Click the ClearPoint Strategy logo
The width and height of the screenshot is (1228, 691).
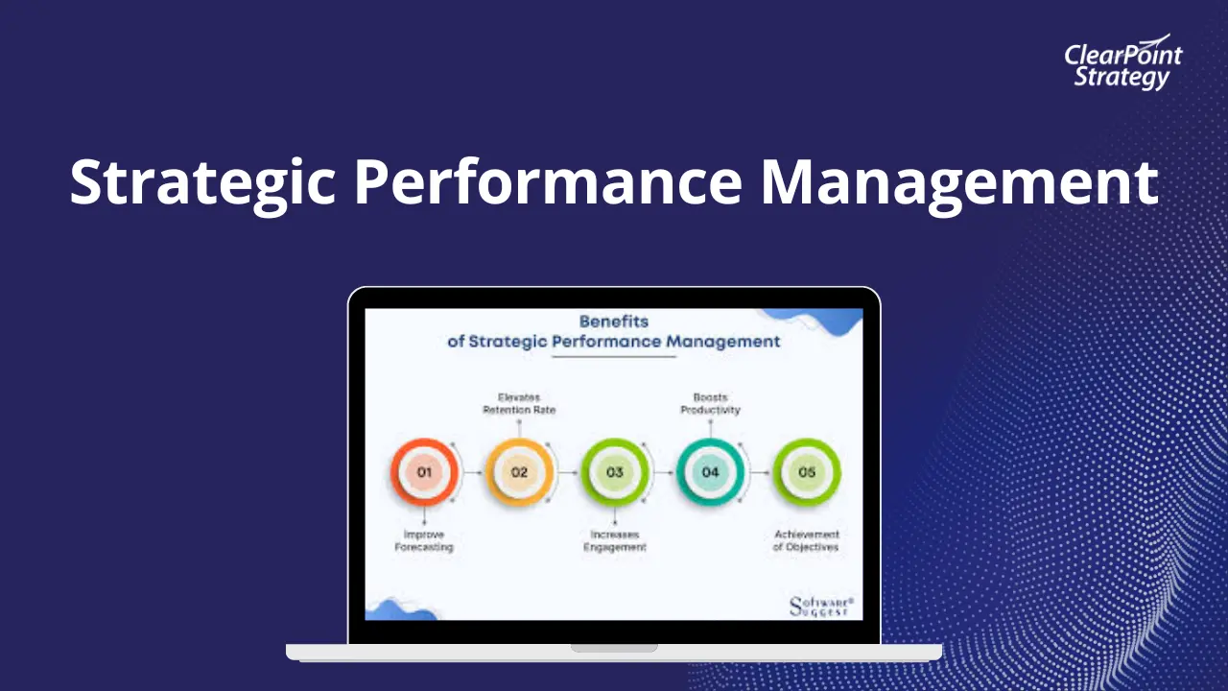[1122, 64]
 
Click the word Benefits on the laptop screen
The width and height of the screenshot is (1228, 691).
[614, 322]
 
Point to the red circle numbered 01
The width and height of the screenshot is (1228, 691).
[424, 472]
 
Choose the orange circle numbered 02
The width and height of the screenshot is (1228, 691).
[519, 472]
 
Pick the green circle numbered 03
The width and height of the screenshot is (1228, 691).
[614, 472]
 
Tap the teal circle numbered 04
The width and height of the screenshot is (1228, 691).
[710, 472]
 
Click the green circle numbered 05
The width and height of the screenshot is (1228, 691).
[806, 472]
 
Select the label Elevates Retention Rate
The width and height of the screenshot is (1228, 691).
[519, 403]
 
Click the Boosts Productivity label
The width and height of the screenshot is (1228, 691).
[710, 403]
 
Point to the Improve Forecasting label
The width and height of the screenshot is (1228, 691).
[424, 540]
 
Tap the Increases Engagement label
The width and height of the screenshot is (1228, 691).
[614, 540]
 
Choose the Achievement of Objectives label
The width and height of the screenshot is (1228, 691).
[806, 540]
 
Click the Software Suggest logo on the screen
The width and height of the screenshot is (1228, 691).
[820, 606]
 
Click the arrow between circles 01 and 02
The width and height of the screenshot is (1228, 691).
[472, 472]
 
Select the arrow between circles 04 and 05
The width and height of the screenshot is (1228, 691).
[759, 472]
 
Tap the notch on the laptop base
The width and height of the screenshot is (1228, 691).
[614, 648]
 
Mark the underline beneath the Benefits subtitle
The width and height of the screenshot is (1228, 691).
[614, 357]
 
